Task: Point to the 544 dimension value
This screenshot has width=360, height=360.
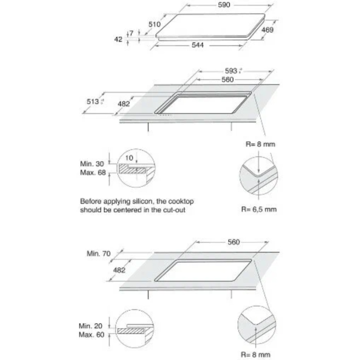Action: [198, 46]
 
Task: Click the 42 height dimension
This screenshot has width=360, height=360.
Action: [118, 39]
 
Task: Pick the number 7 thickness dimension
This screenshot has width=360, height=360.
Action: [132, 33]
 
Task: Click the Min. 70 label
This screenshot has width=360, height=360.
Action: [99, 253]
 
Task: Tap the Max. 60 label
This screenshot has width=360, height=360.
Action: [93, 335]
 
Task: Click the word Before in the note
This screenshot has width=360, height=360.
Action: [91, 202]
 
